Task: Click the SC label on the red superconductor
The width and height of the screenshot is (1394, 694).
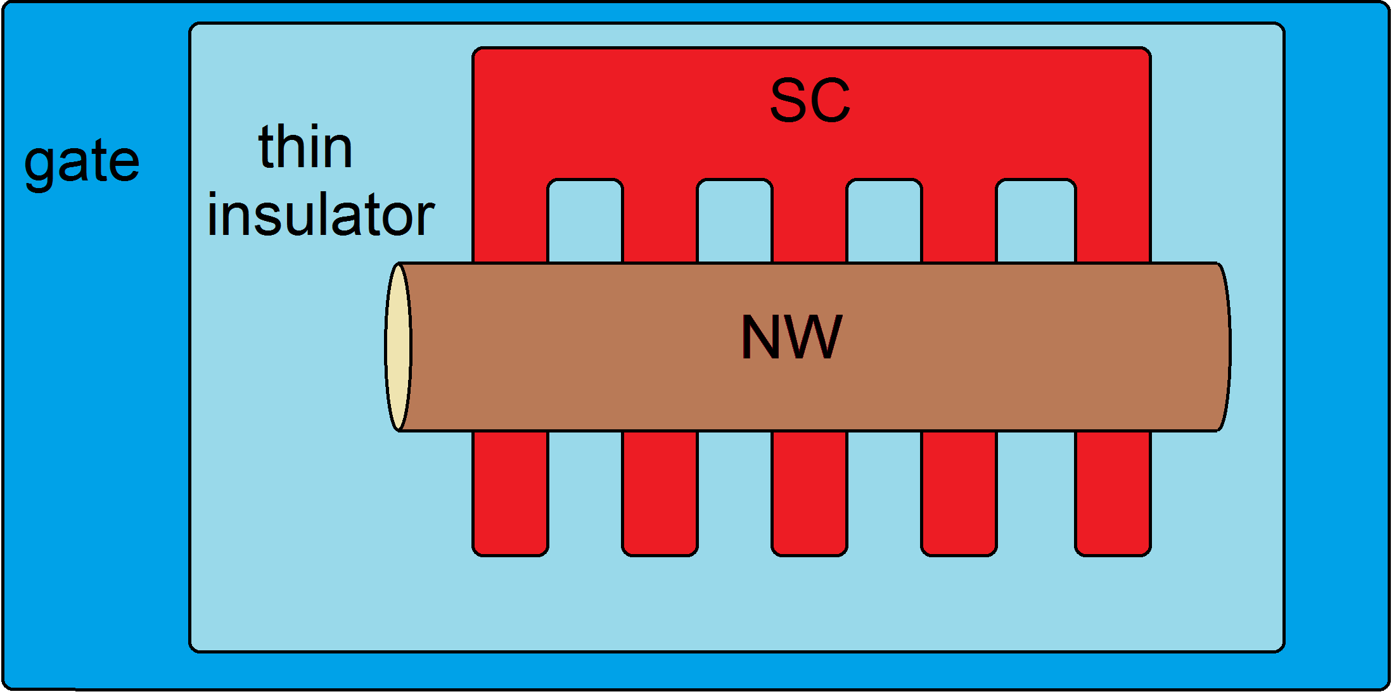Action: tap(810, 101)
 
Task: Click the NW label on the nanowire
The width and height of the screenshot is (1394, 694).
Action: tap(792, 338)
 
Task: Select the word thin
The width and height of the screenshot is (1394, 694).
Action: tap(305, 148)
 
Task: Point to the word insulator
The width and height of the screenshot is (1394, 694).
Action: tap(321, 215)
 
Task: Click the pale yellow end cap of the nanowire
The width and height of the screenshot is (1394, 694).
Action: tap(398, 347)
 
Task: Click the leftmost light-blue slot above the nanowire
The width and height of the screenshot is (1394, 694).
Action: tap(585, 222)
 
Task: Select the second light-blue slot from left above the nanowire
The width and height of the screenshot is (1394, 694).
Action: tap(734, 222)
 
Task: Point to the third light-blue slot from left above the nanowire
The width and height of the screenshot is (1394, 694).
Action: tap(884, 222)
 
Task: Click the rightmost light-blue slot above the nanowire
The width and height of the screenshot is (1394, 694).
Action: tap(1035, 222)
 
